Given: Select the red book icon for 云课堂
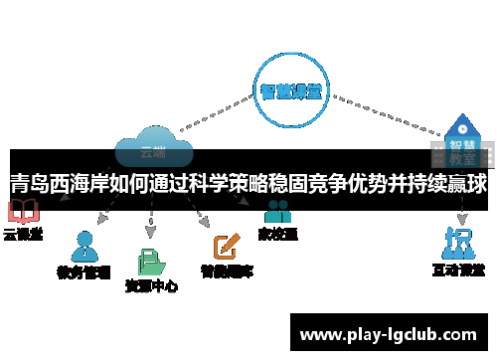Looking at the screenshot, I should click(22, 212).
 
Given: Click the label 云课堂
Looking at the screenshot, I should click(23, 235).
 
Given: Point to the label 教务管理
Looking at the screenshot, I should click(83, 270).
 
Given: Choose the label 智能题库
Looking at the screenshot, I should click(227, 270).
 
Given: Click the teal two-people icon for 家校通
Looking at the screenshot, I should click(277, 212).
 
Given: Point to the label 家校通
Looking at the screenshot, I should click(277, 235).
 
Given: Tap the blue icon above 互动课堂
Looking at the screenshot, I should click(458, 243).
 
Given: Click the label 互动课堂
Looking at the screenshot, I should click(458, 270).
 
